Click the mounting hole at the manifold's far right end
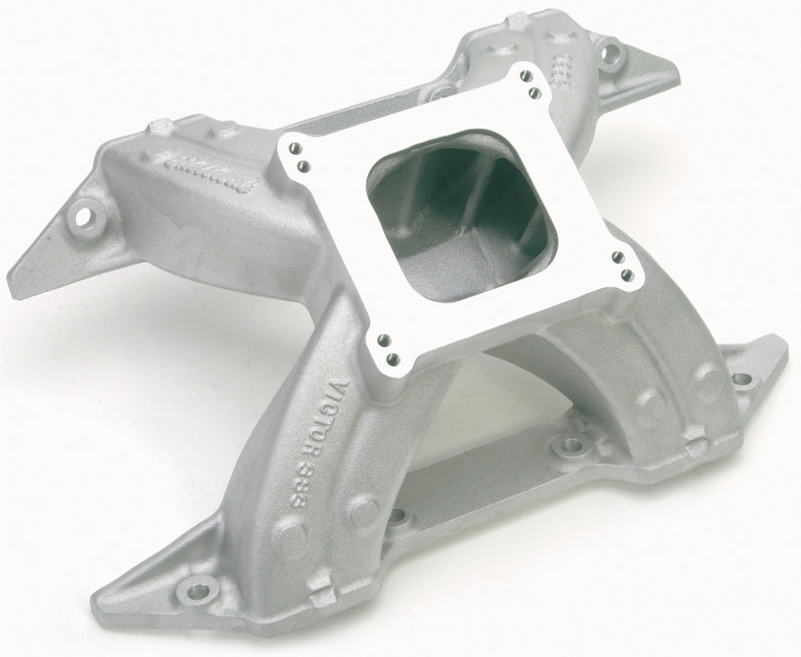[743, 379]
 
